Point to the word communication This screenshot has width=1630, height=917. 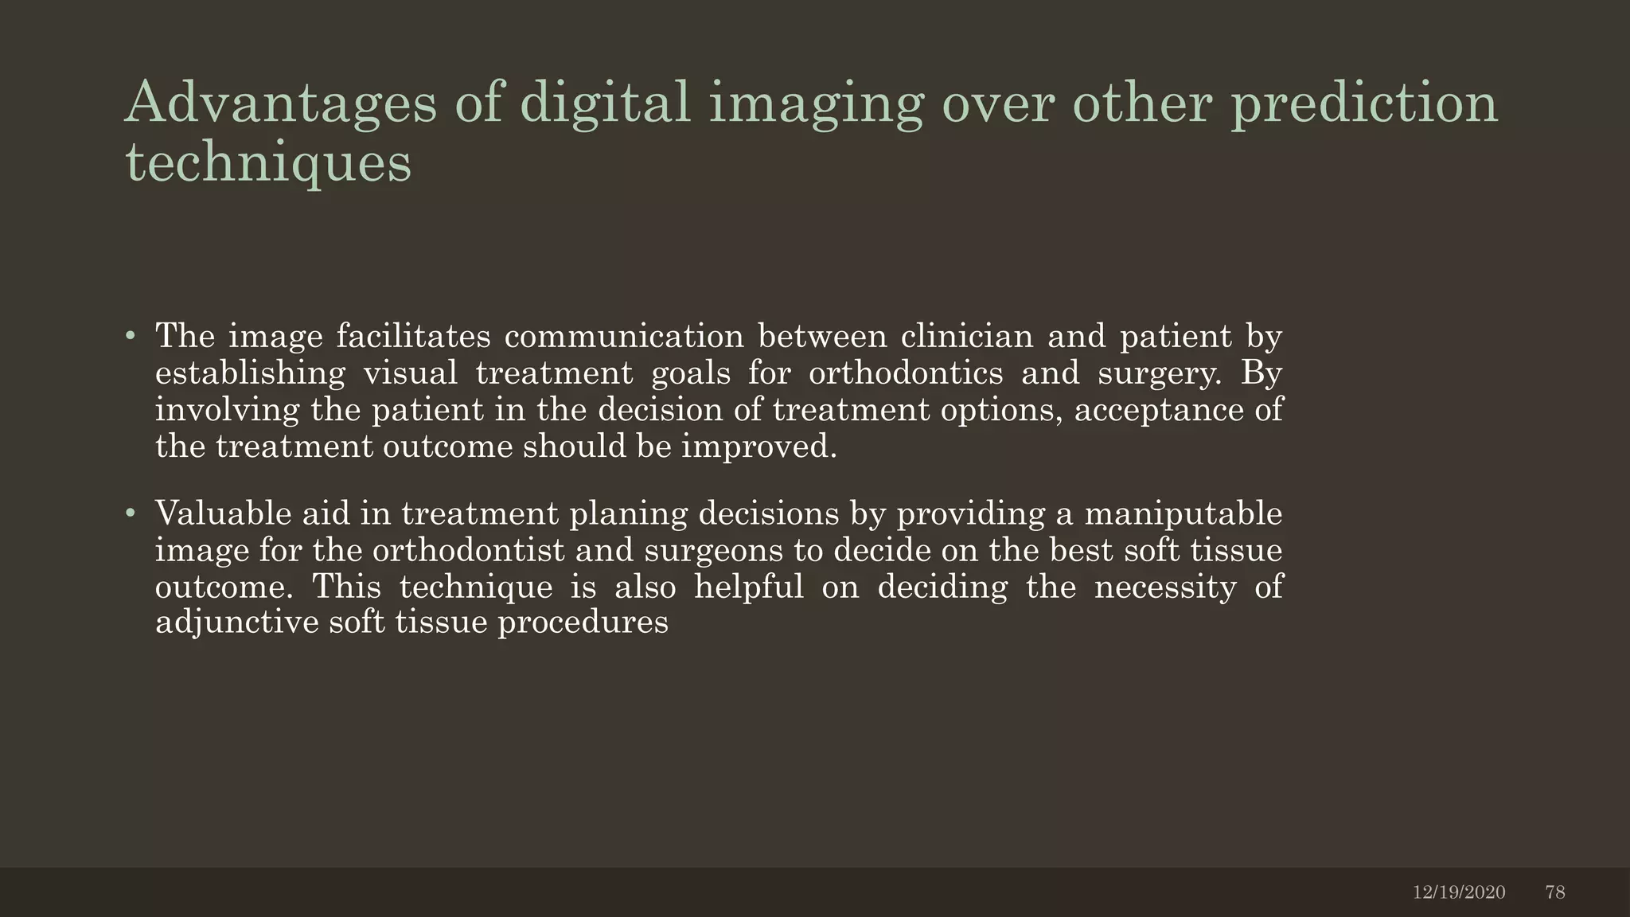click(624, 337)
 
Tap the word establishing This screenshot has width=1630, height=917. click(250, 373)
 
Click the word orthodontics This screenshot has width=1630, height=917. click(906, 373)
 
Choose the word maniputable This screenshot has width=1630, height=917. click(1184, 513)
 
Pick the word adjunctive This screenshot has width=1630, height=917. click(235, 622)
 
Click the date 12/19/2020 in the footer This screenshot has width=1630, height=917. click(1459, 892)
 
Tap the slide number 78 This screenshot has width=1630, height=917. click(1555, 892)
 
